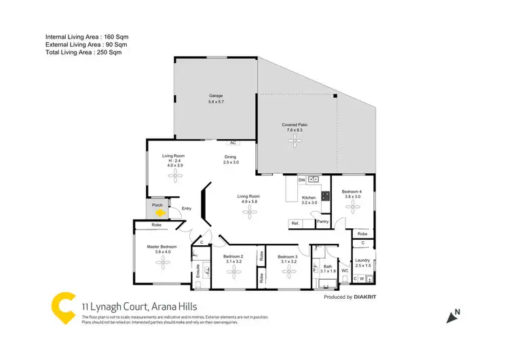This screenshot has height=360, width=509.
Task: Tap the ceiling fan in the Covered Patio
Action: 295,141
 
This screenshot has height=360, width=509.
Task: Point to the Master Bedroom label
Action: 162,247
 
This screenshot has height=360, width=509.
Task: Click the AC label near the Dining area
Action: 233,143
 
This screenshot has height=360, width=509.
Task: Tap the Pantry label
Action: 322,221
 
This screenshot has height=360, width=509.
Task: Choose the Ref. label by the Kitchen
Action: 295,223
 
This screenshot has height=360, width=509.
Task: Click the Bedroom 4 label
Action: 352,192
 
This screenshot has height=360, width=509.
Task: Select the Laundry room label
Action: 362,259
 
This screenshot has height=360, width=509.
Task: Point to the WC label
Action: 345,270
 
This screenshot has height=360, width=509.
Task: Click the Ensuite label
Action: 198,271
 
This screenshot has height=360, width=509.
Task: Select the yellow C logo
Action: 63,306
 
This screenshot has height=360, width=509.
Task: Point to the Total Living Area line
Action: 86,52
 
